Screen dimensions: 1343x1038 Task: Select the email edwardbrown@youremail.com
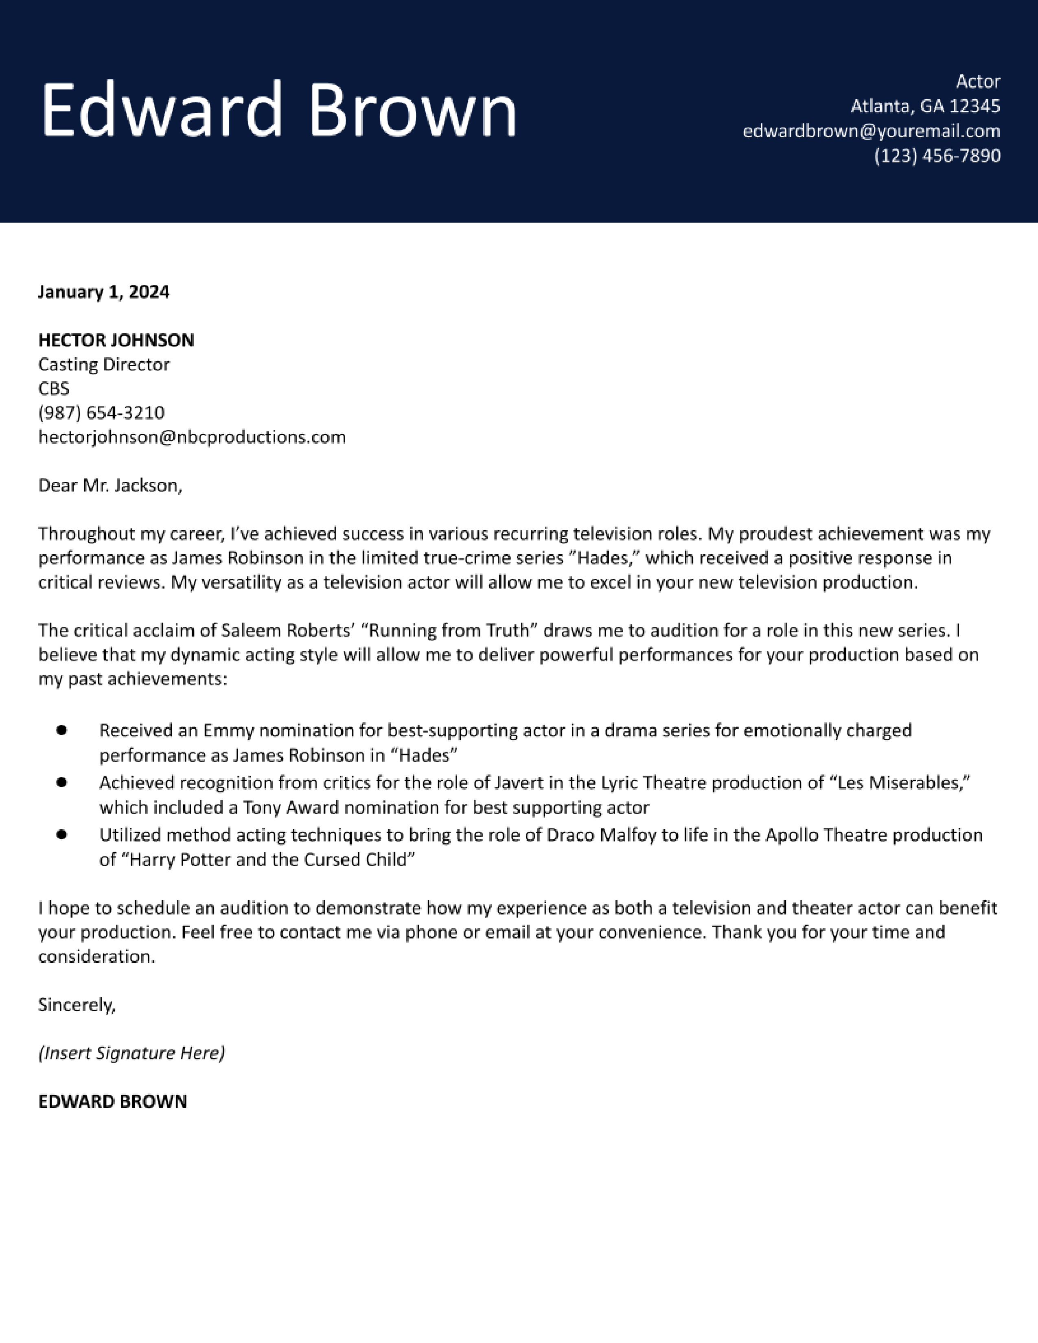[x=872, y=131]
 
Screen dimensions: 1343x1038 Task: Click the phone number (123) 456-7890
[x=937, y=155]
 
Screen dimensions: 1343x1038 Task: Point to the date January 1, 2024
[x=103, y=291]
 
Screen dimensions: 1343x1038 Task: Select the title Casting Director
[x=103, y=365]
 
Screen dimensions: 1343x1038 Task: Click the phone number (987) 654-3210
[x=101, y=413]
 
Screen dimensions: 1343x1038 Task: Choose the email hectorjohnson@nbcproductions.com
[x=192, y=437]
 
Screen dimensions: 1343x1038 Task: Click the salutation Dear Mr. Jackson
[x=110, y=486]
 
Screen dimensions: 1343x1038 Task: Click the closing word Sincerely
[x=76, y=1005]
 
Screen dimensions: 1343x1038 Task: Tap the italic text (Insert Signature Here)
[x=131, y=1053]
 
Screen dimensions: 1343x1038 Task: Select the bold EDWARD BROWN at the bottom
[x=112, y=1101]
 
